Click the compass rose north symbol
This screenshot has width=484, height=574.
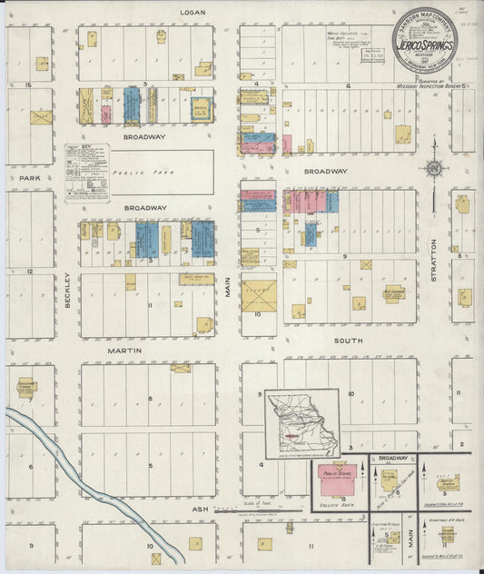[433, 167]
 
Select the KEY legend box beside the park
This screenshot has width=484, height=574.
[87, 172]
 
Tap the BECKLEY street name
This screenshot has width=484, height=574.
[68, 291]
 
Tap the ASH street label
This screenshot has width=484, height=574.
[201, 510]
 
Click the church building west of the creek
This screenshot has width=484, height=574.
[25, 387]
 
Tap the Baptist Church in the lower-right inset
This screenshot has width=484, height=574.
[447, 482]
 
